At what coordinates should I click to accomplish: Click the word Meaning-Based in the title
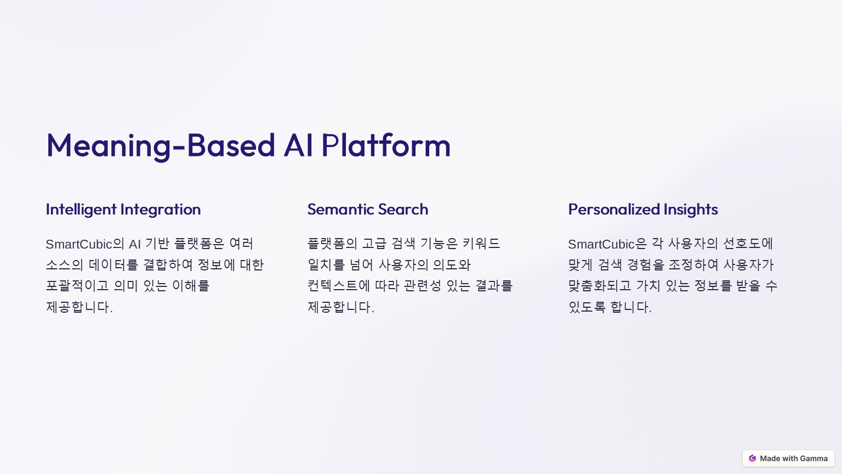click(x=161, y=146)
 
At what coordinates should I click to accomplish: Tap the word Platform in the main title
click(x=386, y=145)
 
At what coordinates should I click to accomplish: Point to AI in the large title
click(x=298, y=145)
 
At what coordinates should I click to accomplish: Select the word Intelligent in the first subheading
click(x=81, y=210)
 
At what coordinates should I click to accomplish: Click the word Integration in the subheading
click(x=161, y=210)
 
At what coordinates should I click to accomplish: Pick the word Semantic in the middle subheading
click(x=341, y=209)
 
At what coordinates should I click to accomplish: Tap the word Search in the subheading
click(x=403, y=209)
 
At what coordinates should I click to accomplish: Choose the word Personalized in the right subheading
click(x=614, y=209)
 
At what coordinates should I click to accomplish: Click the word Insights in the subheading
click(x=691, y=210)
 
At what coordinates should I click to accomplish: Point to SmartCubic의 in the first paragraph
click(x=85, y=244)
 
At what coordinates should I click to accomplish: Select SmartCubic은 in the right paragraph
click(x=607, y=244)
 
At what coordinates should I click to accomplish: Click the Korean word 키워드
click(x=481, y=244)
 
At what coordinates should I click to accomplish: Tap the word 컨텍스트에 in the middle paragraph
click(x=339, y=286)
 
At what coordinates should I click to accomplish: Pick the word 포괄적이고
click(x=77, y=286)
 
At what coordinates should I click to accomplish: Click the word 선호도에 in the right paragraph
click(x=748, y=244)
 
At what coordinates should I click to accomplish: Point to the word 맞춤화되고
click(x=600, y=286)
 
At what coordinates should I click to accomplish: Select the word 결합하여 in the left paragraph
click(x=168, y=265)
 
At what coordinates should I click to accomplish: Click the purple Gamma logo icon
click(x=752, y=458)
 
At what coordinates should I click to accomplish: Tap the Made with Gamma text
click(x=794, y=459)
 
